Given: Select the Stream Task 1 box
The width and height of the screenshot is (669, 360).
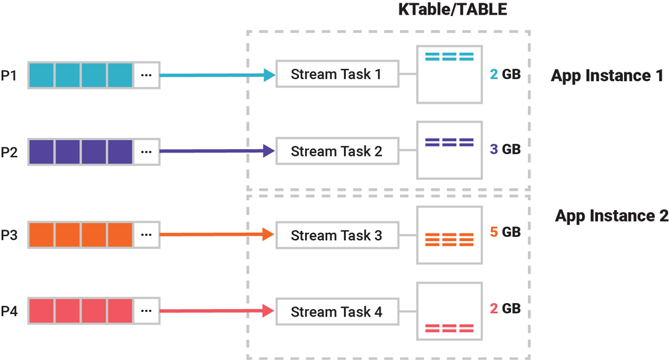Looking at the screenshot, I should pos(337,74).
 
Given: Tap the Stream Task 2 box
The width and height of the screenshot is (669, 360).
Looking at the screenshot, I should pos(337,151).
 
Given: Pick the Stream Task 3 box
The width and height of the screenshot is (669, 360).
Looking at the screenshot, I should pos(337,235).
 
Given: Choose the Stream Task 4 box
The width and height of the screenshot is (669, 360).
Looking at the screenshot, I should pos(337,312).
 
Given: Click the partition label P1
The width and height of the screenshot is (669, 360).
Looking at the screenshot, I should pos(9,75).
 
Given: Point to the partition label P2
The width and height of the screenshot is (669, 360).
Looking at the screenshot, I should pos(9,151).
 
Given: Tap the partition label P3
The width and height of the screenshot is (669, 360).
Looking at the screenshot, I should pos(9,235).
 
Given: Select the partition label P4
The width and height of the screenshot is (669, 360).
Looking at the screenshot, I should pos(9,312).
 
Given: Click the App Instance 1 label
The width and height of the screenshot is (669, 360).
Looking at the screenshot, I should pos(607,76).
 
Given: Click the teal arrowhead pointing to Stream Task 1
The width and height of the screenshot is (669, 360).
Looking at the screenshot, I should pos(269,75).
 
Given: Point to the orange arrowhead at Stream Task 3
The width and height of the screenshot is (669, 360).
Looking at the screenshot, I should pos(269,235).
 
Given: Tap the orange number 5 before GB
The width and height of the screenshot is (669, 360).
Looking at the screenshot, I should pos(494,232).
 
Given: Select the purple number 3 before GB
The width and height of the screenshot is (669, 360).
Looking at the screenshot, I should pos(494,149).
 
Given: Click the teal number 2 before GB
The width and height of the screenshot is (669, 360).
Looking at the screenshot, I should pos(494,76).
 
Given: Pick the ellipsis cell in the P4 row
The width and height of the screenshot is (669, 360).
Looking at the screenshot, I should pos(147,312).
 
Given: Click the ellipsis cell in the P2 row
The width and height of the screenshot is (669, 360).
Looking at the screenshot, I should pos(147,151).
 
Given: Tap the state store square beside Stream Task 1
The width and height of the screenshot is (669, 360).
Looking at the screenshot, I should pos(449,74).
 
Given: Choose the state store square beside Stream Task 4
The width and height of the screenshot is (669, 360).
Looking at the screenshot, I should pos(449,311).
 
